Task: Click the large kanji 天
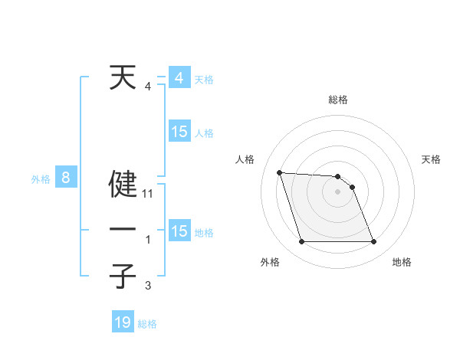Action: point(123,78)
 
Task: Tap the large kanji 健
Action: point(123,184)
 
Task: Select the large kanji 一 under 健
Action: point(123,230)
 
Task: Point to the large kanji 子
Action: point(123,276)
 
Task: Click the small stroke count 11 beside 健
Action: point(148,195)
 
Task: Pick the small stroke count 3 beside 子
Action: point(148,286)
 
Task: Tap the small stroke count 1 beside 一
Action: point(148,241)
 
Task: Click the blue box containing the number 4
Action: point(179,78)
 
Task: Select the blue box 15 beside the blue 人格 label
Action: point(179,132)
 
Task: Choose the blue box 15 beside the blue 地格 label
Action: point(179,231)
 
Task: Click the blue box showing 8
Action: point(66,178)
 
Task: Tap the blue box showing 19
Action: point(123,322)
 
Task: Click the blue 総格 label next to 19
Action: point(147,324)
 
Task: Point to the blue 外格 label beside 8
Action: point(41,179)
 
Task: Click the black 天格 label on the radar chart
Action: point(432,159)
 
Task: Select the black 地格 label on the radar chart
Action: point(402,262)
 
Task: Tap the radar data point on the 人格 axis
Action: point(279,172)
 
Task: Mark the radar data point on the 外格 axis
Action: point(301,242)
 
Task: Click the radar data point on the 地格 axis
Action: point(373,242)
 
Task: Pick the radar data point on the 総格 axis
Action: point(337,176)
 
